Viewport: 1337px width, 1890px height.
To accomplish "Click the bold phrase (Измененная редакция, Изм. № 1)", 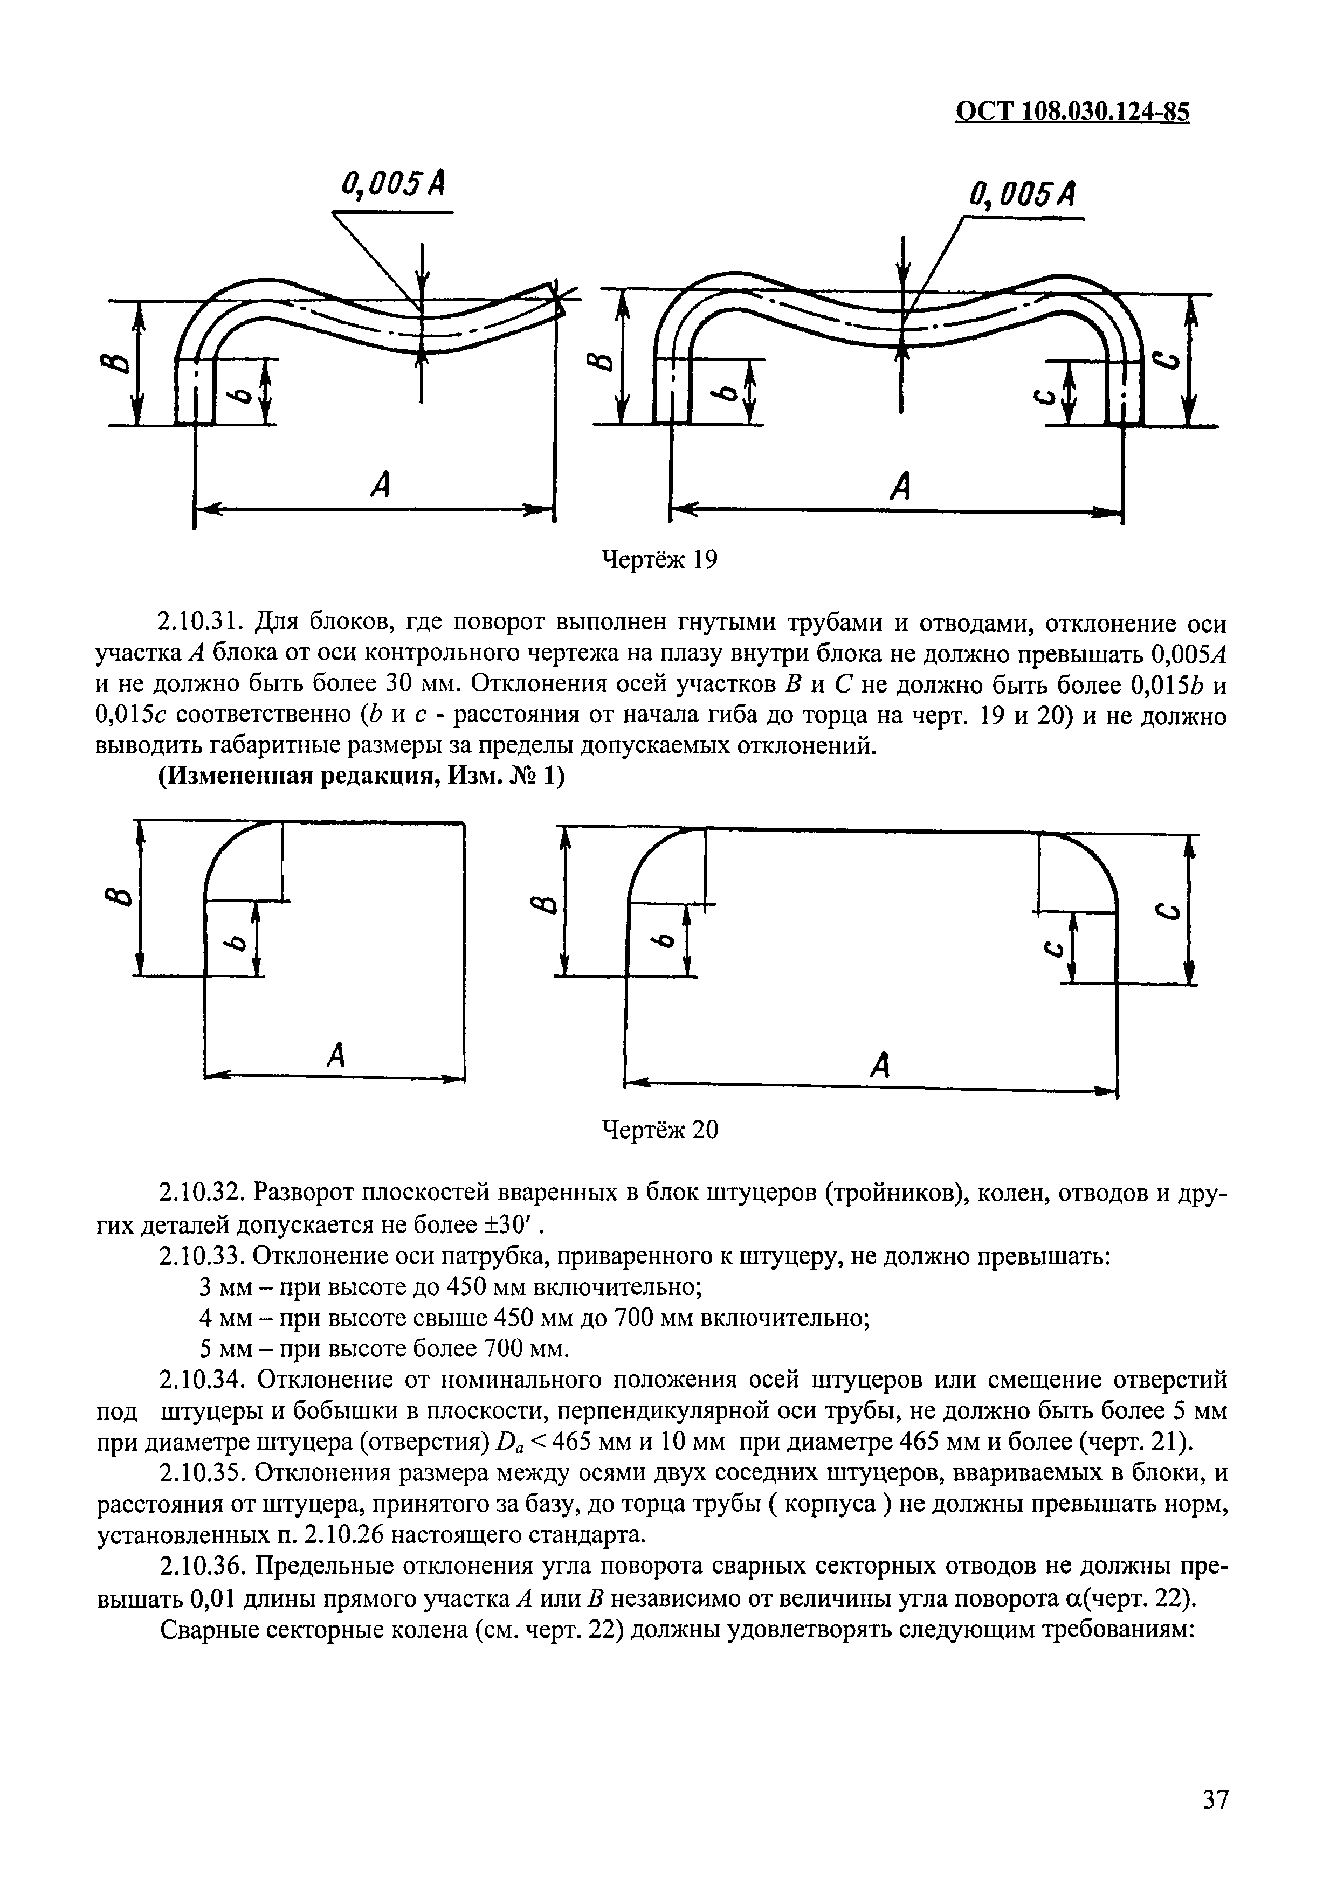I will [361, 778].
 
